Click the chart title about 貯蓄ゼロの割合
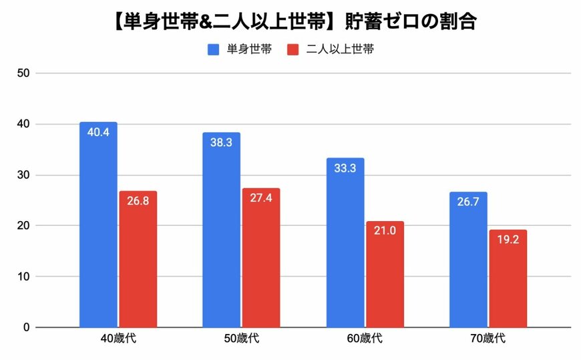pos(290,21)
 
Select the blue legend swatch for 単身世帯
pos(214,49)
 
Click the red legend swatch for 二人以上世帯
pos(292,49)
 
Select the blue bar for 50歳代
pos(222,230)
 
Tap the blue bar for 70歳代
pos(468,260)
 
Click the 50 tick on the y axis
pos(24,73)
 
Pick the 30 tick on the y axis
pos(24,175)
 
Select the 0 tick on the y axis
pos(27,327)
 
